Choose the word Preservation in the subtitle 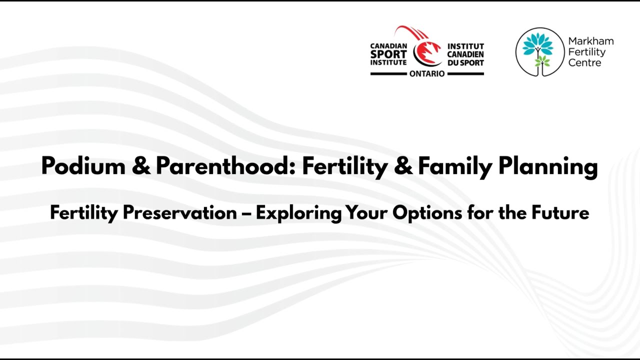pyautogui.click(x=179, y=213)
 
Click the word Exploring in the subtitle pyautogui.click(x=298, y=213)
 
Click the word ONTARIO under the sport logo pyautogui.click(x=426, y=73)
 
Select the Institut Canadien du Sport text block pyautogui.click(x=465, y=54)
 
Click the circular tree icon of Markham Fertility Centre pyautogui.click(x=539, y=52)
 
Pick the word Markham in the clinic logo pyautogui.click(x=590, y=41)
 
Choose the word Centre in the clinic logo pyautogui.click(x=584, y=63)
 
